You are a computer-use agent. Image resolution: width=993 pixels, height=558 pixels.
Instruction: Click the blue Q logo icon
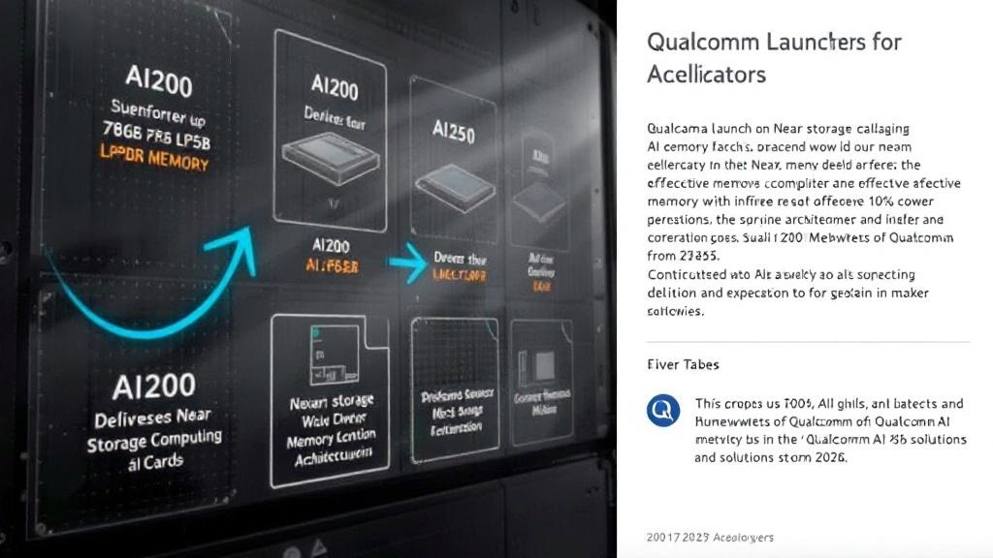pos(663,411)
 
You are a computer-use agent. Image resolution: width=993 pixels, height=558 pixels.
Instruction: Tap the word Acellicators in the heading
pos(706,75)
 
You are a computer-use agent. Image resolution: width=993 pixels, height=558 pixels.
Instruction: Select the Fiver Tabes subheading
pos(683,365)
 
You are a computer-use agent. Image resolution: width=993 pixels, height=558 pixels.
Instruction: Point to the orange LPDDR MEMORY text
pos(155,159)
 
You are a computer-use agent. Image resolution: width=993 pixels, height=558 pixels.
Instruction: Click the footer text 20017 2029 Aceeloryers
pos(710,538)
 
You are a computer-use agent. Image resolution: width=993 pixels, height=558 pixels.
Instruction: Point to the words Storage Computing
pos(153,441)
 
